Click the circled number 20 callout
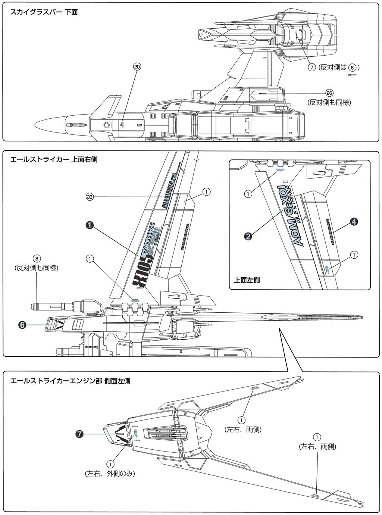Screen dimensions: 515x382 click(x=137, y=67)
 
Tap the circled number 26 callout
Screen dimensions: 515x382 click(x=329, y=93)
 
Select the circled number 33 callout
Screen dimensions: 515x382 click(x=90, y=196)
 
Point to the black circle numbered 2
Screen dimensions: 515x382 click(x=248, y=235)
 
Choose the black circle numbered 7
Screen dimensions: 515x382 click(x=79, y=434)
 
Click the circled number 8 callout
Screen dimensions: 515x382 click(x=36, y=258)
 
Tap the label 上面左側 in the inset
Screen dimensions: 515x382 click(x=247, y=280)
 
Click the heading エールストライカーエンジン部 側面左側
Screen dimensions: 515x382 click(x=71, y=381)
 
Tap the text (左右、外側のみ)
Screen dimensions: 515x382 click(x=110, y=474)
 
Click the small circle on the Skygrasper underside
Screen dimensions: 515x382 click(x=107, y=125)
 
